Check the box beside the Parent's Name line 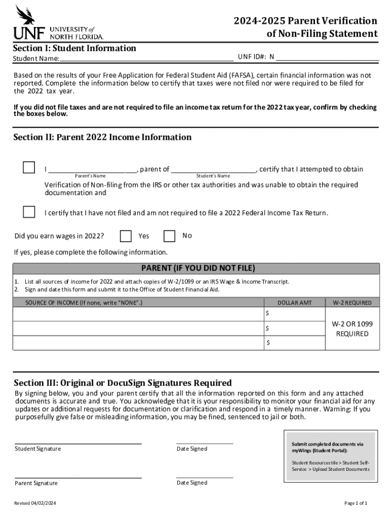(29, 168)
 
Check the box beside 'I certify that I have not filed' (29, 212)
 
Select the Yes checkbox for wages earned (126, 236)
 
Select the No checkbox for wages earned (170, 236)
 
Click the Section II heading (102, 137)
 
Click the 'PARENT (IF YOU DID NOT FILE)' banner (198, 268)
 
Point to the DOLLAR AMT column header (294, 303)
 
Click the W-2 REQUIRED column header (352, 303)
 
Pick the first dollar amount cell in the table (294, 314)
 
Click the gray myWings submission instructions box (330, 456)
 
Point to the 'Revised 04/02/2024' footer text (35, 503)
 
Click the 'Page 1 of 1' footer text (356, 503)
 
